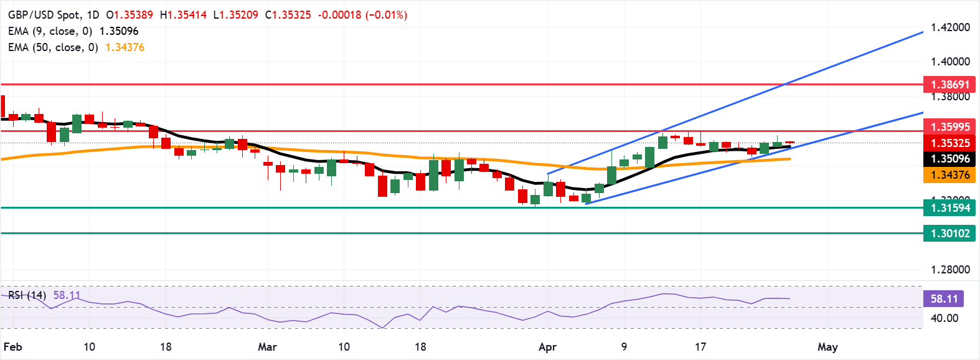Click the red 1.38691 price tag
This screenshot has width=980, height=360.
pyautogui.click(x=949, y=84)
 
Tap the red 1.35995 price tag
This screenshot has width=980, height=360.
pyautogui.click(x=949, y=126)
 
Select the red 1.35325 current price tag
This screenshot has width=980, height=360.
pyautogui.click(x=949, y=143)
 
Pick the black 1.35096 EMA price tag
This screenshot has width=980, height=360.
pyautogui.click(x=949, y=159)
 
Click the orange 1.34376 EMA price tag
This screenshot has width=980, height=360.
pyautogui.click(x=949, y=175)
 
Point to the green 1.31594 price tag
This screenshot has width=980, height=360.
pyautogui.click(x=949, y=208)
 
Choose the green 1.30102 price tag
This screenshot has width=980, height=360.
pyautogui.click(x=949, y=234)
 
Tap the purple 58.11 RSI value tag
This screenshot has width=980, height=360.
pyautogui.click(x=944, y=299)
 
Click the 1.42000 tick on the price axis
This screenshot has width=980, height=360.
pyautogui.click(x=949, y=27)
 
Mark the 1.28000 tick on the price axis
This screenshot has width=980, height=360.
pyautogui.click(x=949, y=270)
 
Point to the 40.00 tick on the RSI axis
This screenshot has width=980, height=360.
pyautogui.click(x=944, y=318)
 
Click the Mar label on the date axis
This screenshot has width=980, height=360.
pyautogui.click(x=267, y=347)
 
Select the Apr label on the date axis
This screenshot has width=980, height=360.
pyautogui.click(x=547, y=347)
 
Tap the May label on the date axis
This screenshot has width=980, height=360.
pyautogui.click(x=827, y=347)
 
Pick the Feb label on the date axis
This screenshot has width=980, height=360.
pyautogui.click(x=12, y=347)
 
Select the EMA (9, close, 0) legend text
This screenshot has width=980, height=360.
pyautogui.click(x=50, y=31)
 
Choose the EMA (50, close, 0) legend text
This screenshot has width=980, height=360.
pyautogui.click(x=53, y=47)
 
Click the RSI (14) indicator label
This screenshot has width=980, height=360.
pyautogui.click(x=27, y=295)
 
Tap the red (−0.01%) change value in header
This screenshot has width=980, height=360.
pyautogui.click(x=386, y=14)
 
